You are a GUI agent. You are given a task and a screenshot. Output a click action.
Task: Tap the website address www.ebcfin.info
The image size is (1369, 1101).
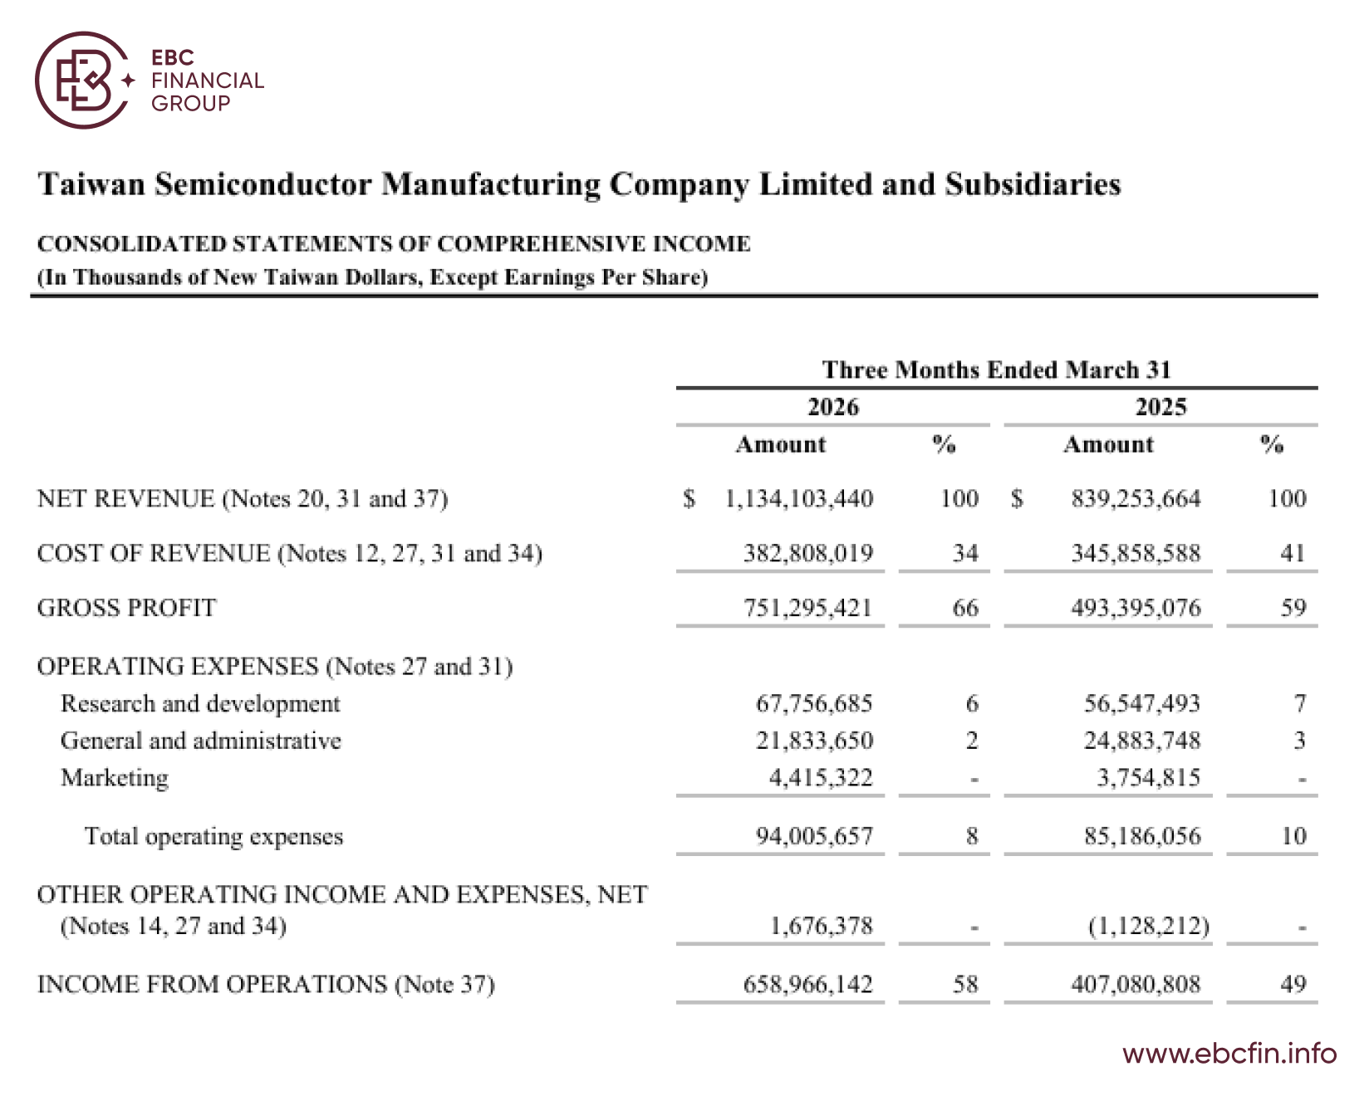[x=1229, y=1054]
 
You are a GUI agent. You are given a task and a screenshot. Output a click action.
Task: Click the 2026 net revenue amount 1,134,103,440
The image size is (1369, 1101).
[x=799, y=498]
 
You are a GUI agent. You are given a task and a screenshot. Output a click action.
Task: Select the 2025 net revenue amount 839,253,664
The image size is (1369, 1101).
[x=1136, y=498]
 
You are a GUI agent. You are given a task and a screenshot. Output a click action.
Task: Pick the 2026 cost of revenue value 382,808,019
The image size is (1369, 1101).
[x=807, y=553]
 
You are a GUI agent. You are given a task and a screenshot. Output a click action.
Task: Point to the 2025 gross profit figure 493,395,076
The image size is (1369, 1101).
[x=1136, y=608]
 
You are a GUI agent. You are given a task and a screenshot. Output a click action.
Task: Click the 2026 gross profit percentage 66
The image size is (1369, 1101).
[x=965, y=608]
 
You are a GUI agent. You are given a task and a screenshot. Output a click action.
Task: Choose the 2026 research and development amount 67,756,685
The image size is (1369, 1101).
[x=814, y=703]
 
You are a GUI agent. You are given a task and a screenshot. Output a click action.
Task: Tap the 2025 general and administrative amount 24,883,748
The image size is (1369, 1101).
[x=1142, y=740]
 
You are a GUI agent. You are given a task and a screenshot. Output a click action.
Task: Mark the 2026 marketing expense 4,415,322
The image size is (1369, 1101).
[x=821, y=777]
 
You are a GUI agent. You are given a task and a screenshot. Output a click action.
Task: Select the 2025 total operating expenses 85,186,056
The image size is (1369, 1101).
[x=1142, y=835]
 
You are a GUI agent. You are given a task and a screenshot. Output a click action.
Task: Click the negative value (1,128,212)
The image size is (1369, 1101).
[x=1149, y=925]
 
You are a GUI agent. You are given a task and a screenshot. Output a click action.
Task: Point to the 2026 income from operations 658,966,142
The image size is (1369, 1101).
[x=807, y=984]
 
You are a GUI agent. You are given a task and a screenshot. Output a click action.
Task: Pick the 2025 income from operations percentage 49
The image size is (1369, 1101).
[x=1293, y=984]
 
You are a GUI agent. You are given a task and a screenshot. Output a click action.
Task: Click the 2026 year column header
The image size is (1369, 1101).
[x=833, y=407]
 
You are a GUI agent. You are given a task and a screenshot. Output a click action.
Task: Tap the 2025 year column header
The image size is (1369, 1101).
[x=1161, y=407]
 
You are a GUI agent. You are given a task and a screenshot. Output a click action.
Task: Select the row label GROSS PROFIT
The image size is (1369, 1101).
[x=127, y=608]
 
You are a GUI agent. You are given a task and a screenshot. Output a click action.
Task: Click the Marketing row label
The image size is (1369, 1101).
[x=115, y=778]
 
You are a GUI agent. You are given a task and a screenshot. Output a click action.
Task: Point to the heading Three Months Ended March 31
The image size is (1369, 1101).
[x=997, y=369]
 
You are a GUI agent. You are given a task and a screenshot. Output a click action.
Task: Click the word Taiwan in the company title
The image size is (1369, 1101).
[x=92, y=184]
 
